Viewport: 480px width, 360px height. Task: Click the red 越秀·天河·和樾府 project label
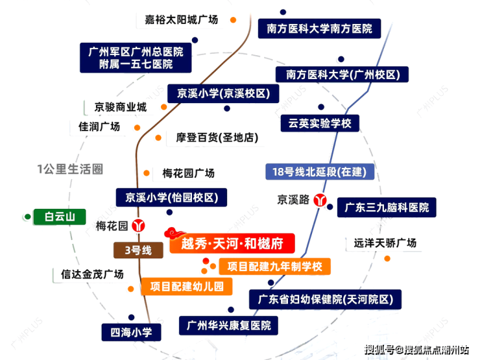coord(232,243)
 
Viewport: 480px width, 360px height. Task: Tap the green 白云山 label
coord(60,217)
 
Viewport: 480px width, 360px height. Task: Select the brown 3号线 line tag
coord(138,250)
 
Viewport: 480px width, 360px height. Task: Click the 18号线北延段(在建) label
coord(320,172)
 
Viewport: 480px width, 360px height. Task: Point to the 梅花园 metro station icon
coord(138,226)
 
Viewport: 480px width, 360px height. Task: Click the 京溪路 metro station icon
coord(320,200)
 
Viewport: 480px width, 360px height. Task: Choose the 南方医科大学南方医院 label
coord(319,29)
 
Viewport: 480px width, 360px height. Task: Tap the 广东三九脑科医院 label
coord(387,208)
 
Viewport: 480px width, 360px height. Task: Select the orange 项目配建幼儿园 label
coord(187,286)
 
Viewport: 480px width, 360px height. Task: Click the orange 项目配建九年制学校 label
coord(274,267)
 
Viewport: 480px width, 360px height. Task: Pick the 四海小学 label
coord(131,332)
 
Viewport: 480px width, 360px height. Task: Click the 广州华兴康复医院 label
coord(229,326)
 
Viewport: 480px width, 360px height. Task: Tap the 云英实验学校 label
coord(320,123)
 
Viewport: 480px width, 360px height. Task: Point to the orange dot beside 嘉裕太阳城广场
coord(234,20)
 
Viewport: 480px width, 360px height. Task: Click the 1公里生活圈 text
coord(70,169)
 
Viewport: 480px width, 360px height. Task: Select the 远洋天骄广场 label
coord(385,243)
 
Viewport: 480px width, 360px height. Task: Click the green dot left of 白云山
coord(27,217)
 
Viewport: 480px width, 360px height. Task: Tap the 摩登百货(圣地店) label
coord(217,138)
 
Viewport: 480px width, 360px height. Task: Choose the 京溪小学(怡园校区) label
coord(171,197)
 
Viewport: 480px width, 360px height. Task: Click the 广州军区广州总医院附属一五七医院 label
coord(136,58)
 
